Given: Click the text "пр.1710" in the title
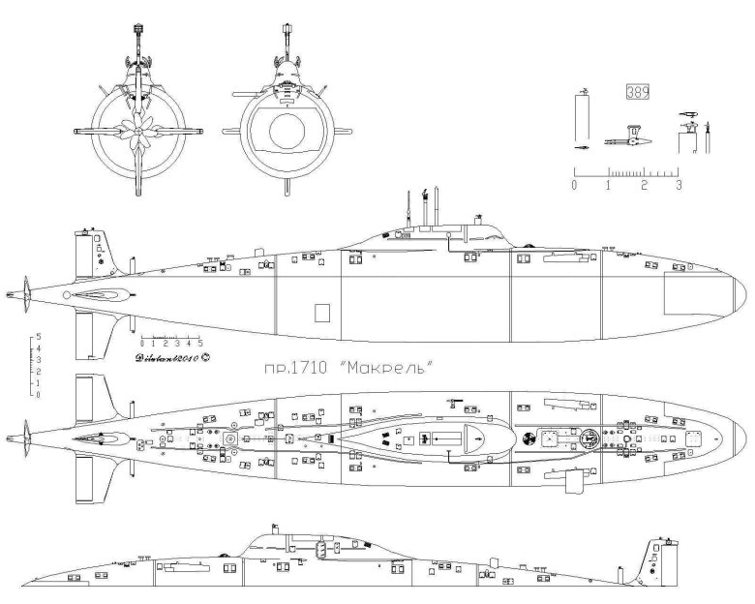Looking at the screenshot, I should pos(297,368).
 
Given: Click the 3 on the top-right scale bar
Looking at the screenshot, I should pos(679,183).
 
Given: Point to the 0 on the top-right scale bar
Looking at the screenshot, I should pos(575,183).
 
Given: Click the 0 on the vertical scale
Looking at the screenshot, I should pos(37,394).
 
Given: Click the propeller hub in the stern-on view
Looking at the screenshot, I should pos(139,131).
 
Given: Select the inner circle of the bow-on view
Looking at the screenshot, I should pos(287,133).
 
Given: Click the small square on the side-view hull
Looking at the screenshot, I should pos(323,312).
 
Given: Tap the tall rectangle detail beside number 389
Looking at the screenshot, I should pos(581,115).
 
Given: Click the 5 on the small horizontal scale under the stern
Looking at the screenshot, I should pos(200,344).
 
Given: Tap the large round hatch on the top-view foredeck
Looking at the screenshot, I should pos(587,438).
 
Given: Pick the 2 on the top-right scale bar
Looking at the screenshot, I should pos(644,183).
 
